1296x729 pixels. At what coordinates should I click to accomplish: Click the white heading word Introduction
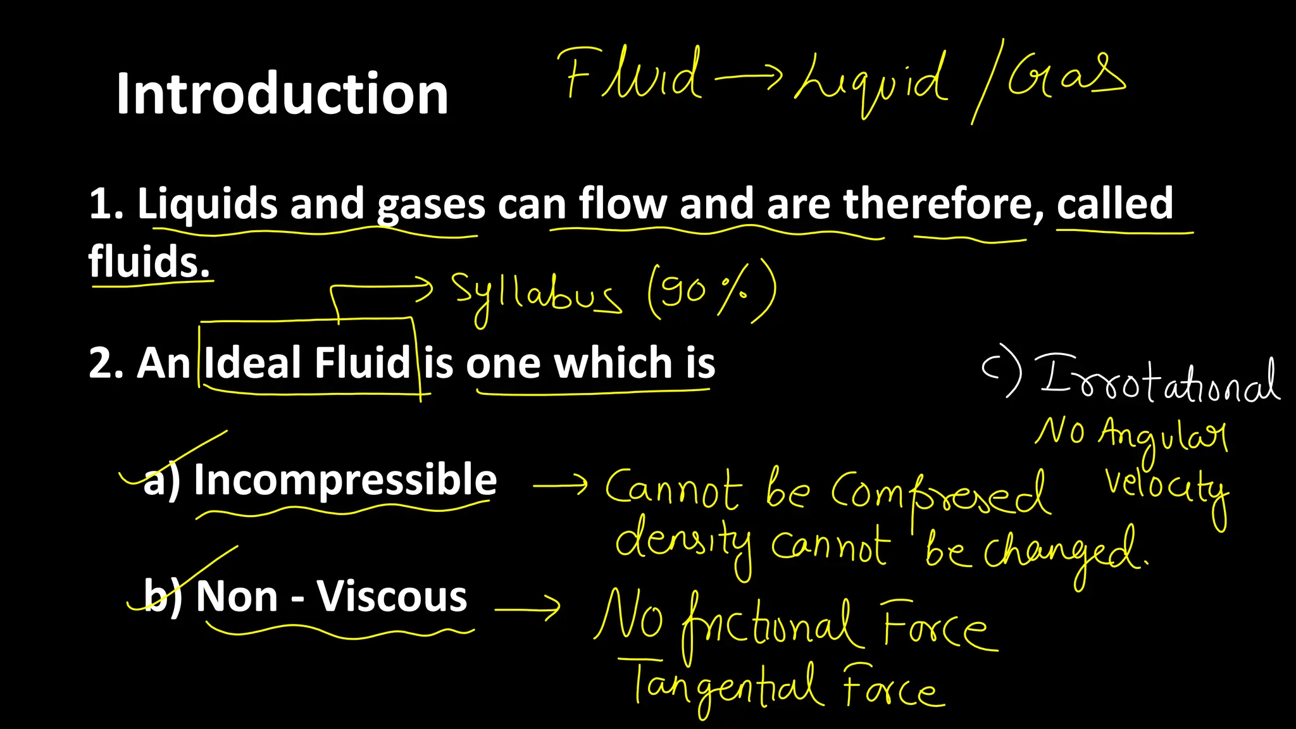pyautogui.click(x=282, y=94)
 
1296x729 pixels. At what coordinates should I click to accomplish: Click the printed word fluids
pyautogui.click(x=149, y=261)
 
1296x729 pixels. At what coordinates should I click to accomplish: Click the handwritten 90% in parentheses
pyautogui.click(x=711, y=291)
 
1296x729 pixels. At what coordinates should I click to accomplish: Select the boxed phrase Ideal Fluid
pyautogui.click(x=308, y=363)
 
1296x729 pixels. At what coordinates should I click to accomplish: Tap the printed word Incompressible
pyautogui.click(x=346, y=479)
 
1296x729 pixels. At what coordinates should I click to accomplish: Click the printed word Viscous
pyautogui.click(x=392, y=596)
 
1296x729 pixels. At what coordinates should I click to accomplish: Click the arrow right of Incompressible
pyautogui.click(x=561, y=485)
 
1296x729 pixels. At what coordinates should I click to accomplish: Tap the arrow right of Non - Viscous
pyautogui.click(x=528, y=608)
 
